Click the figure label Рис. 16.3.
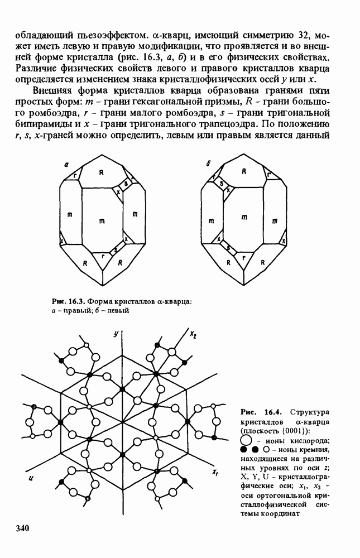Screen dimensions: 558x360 click(x=68, y=302)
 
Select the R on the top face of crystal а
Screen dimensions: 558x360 click(x=102, y=172)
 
